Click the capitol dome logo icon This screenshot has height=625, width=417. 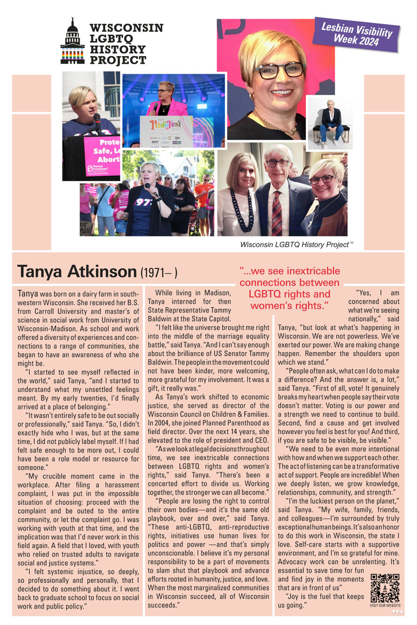(72, 42)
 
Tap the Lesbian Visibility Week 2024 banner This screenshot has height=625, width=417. (356, 34)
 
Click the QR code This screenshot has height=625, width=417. (385, 588)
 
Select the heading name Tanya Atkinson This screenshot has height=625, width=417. (76, 272)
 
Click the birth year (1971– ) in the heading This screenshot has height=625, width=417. (159, 273)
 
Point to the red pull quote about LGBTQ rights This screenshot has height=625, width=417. (290, 288)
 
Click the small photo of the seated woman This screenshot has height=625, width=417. (329, 122)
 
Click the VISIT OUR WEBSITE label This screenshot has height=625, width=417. (385, 606)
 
